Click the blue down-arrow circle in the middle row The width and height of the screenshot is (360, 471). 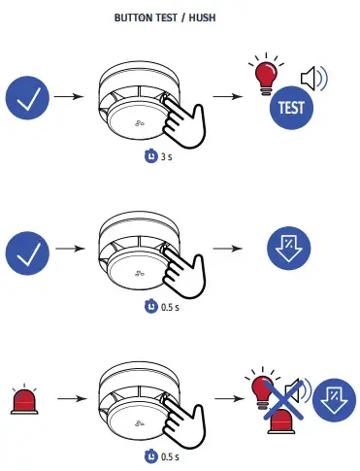tap(290, 250)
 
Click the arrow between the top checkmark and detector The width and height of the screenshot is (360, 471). tap(69, 98)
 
